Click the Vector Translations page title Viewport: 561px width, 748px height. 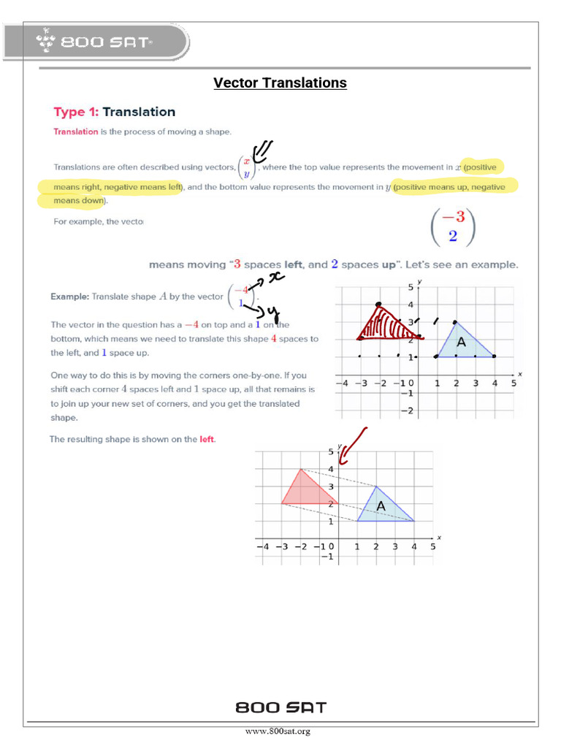[280, 83]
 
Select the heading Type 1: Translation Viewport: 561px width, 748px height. [115, 112]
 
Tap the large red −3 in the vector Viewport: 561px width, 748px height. [453, 217]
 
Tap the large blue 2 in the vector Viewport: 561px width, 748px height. [454, 236]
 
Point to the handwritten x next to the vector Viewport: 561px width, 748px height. [275, 277]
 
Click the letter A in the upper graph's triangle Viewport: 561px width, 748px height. [461, 342]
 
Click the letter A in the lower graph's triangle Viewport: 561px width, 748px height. [381, 506]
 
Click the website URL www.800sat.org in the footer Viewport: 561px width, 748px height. [278, 731]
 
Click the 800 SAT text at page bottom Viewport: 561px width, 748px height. [280, 707]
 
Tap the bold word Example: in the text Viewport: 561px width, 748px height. [69, 297]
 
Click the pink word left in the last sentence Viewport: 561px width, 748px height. [207, 440]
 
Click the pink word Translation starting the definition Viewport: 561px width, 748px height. [75, 131]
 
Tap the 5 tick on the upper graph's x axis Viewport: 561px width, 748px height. [514, 383]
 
